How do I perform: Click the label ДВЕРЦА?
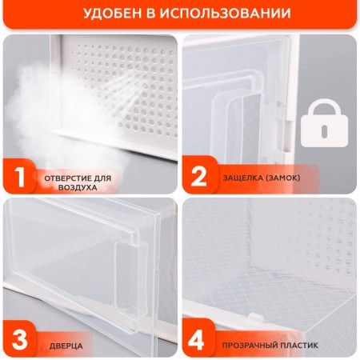pyautogui.click(x=66, y=345)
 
